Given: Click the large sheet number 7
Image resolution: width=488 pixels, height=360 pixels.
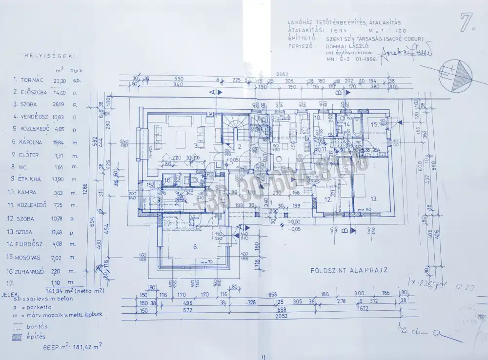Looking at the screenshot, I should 468,22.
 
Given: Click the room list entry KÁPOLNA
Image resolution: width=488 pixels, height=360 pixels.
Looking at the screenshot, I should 31,142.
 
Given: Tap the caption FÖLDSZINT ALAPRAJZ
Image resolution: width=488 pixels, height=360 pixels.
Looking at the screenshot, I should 349,270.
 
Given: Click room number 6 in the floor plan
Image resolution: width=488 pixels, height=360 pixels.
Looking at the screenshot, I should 195,247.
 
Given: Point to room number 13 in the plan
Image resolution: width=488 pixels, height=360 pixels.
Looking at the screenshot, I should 374,199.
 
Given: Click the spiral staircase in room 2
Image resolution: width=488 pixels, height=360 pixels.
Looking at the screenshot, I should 234,132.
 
